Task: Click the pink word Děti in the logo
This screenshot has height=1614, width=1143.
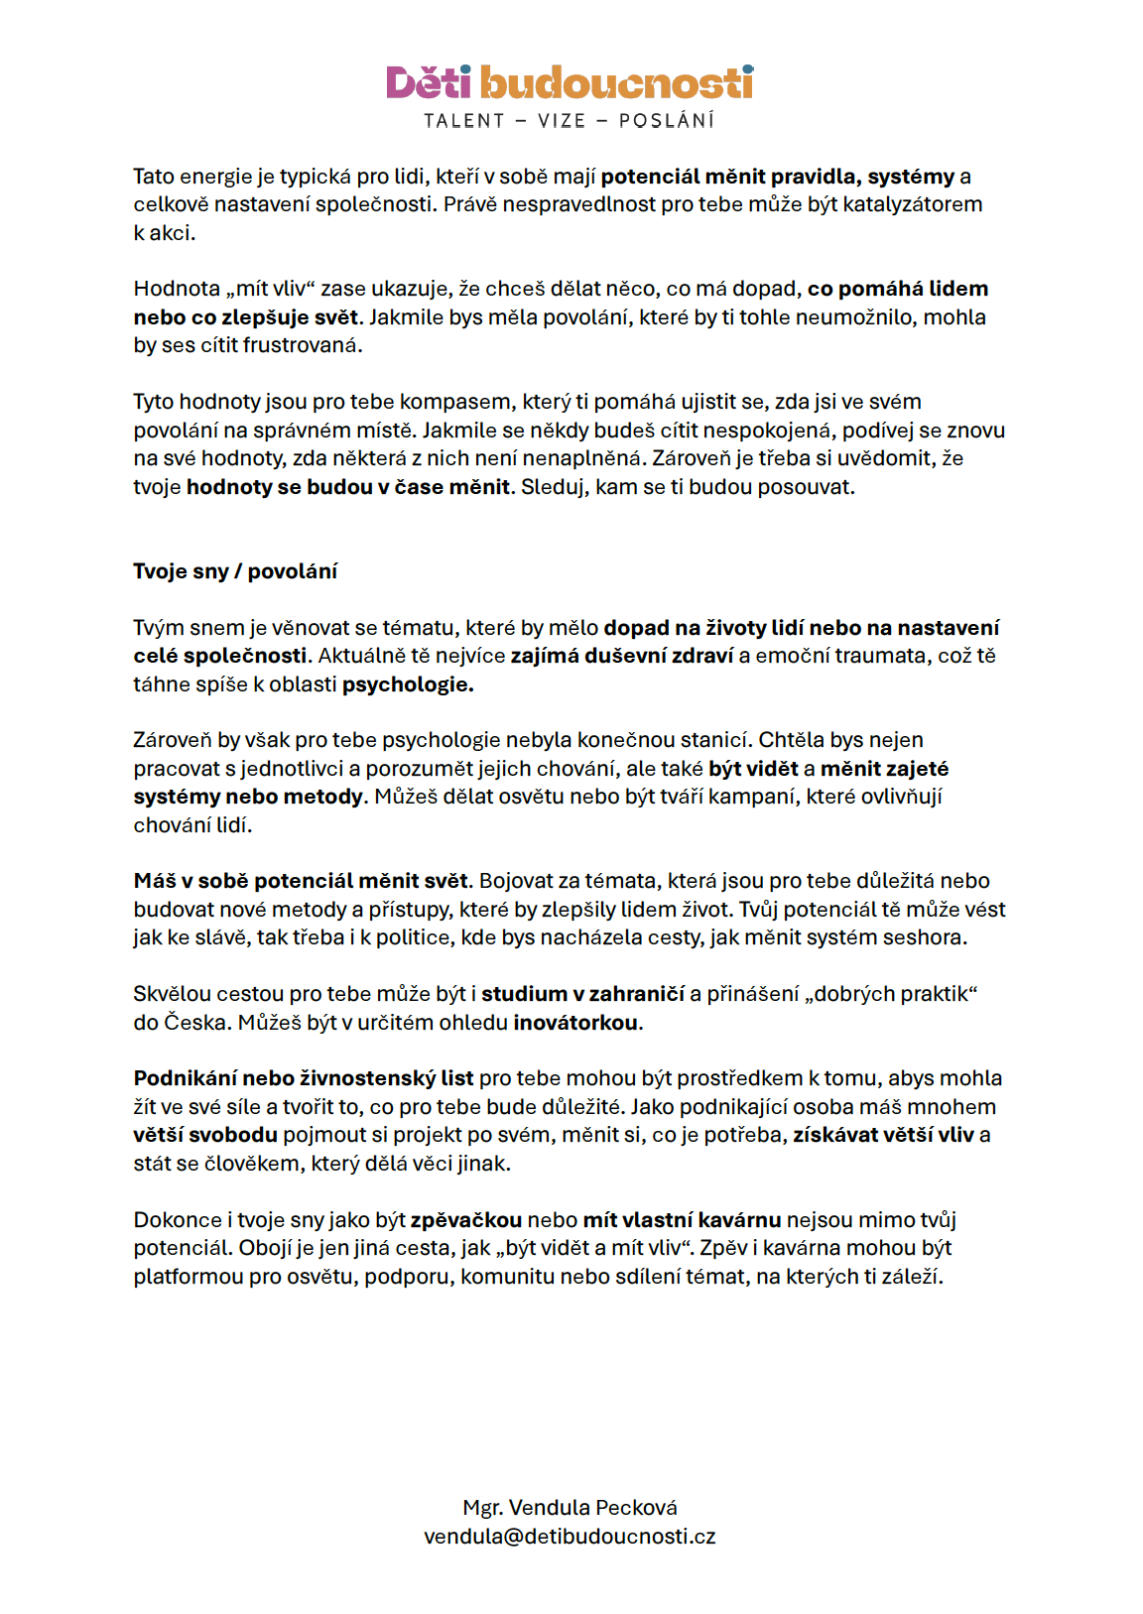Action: (428, 83)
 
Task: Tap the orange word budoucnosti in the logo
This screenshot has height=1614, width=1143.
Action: (616, 83)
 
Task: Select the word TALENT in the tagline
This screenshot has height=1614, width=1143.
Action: (464, 121)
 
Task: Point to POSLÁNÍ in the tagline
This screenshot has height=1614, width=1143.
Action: (667, 121)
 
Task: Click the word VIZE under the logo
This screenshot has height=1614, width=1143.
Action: (562, 121)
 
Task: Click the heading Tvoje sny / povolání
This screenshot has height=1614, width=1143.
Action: (235, 571)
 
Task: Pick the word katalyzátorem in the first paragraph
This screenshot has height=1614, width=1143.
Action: (912, 204)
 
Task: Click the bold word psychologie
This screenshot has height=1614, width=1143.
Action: (407, 684)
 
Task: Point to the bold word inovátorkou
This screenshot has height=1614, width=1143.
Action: (575, 1023)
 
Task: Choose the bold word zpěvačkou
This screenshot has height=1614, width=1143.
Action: (465, 1220)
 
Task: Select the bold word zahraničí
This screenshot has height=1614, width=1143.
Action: (636, 994)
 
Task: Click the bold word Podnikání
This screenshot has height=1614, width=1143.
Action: (186, 1078)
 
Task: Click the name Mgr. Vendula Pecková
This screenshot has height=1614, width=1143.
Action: (570, 1508)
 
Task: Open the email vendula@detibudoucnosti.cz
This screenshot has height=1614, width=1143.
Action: (570, 1537)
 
